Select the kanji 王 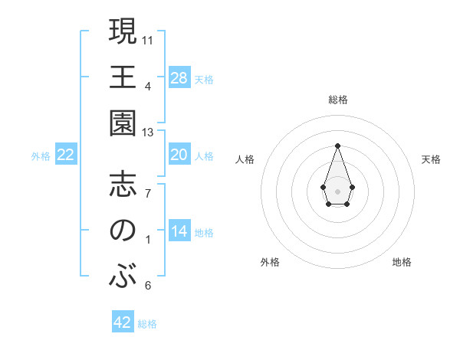click(x=123, y=78)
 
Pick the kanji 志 click(x=123, y=185)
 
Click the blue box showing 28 click(x=179, y=78)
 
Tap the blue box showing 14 click(x=179, y=232)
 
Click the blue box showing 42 click(x=123, y=322)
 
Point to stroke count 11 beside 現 click(x=149, y=38)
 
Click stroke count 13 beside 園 click(x=149, y=133)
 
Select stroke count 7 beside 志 click(x=148, y=193)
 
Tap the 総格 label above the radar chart click(x=338, y=100)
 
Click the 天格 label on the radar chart click(x=432, y=159)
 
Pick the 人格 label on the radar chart click(x=245, y=159)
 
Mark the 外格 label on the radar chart click(x=270, y=262)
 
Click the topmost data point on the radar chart click(x=337, y=146)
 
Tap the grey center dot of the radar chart click(x=337, y=190)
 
